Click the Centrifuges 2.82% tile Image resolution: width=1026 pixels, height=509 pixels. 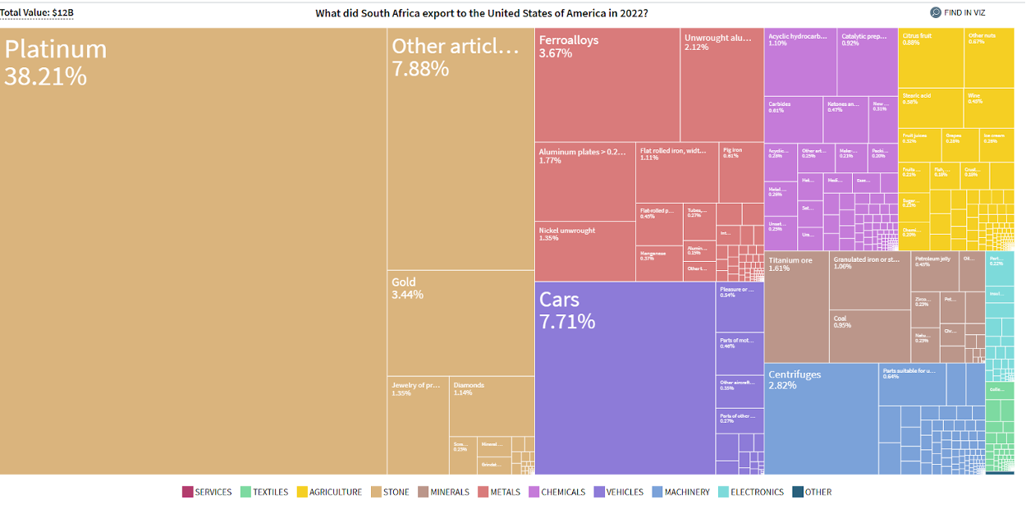click(x=821, y=419)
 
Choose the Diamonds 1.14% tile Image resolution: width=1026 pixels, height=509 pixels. click(x=492, y=406)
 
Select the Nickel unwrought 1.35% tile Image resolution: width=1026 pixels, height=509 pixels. click(x=585, y=251)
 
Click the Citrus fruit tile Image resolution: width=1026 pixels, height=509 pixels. click(x=931, y=57)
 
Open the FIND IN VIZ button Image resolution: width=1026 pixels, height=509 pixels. click(x=957, y=12)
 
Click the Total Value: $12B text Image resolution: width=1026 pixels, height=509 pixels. click(x=37, y=13)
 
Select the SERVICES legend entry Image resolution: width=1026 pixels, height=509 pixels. click(x=207, y=493)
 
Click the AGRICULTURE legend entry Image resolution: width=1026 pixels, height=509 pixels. click(x=329, y=493)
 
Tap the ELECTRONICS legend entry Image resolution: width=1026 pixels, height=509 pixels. click(x=751, y=493)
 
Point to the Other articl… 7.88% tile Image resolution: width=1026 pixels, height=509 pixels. click(x=460, y=148)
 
